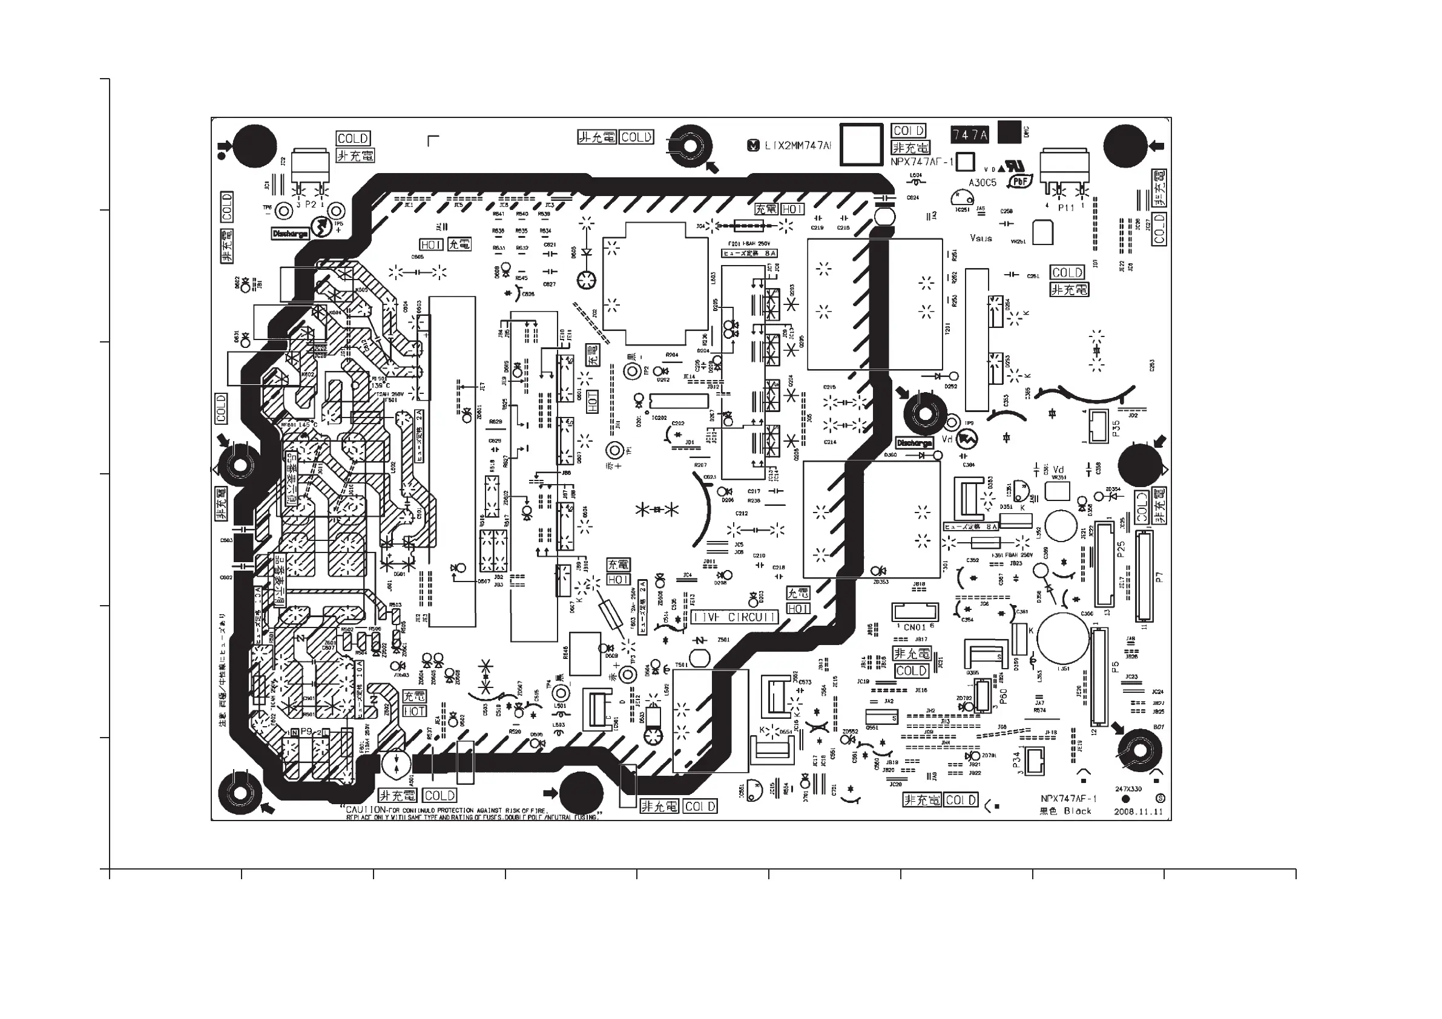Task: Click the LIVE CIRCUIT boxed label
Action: click(x=735, y=617)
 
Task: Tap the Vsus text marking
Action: click(x=980, y=238)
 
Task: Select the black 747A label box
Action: click(x=970, y=134)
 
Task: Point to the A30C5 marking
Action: click(x=983, y=183)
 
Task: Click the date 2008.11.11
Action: click(x=1138, y=811)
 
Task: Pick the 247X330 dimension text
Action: click(x=1128, y=788)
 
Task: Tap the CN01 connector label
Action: click(x=915, y=627)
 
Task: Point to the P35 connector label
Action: click(x=1116, y=428)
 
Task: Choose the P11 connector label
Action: click(x=1066, y=208)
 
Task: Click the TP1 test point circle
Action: click(x=616, y=450)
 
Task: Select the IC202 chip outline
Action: click(x=678, y=401)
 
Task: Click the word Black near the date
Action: click(x=1078, y=811)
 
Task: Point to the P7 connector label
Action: click(x=1159, y=577)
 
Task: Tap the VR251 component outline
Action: click(x=1042, y=232)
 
